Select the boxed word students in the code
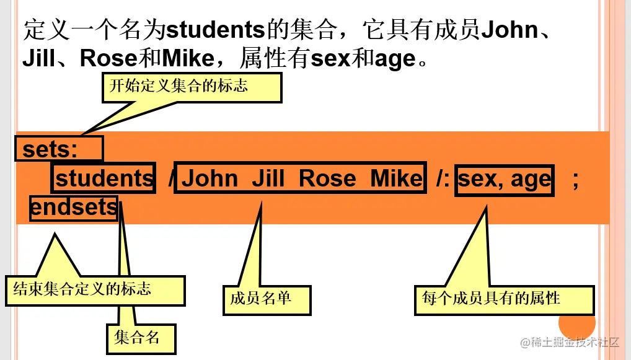click(104, 178)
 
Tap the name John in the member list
click(210, 178)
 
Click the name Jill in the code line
click(268, 178)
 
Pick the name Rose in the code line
click(328, 178)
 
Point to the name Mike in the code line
click(397, 178)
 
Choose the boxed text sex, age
click(504, 180)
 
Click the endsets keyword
click(74, 208)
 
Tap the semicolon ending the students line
click(575, 180)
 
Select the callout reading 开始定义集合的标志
click(192, 87)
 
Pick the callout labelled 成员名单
click(267, 299)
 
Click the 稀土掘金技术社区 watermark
click(570, 342)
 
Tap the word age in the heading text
click(395, 59)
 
